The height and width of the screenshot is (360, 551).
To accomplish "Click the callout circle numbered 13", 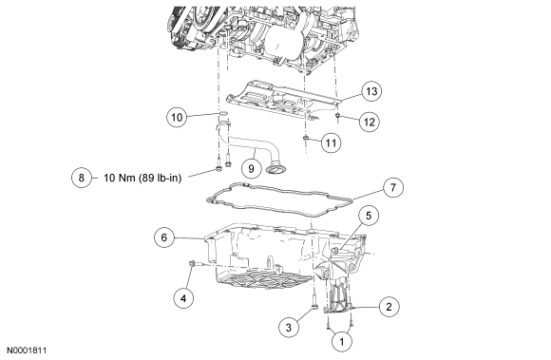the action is click(371, 91).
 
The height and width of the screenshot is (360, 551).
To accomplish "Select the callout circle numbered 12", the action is click(370, 122).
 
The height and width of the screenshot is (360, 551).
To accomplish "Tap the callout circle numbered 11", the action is click(331, 142).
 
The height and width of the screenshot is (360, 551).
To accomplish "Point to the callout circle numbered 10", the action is click(177, 117).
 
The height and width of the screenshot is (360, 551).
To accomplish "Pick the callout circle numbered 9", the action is click(251, 168).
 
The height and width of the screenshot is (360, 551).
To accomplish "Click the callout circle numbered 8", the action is click(81, 178).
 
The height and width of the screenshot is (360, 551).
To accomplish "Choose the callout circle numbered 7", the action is click(393, 187).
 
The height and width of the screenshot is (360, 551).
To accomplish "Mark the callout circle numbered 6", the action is click(164, 237).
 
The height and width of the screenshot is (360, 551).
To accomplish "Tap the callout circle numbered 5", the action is click(369, 216).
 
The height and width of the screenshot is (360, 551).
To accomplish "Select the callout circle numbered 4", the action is click(183, 298).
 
